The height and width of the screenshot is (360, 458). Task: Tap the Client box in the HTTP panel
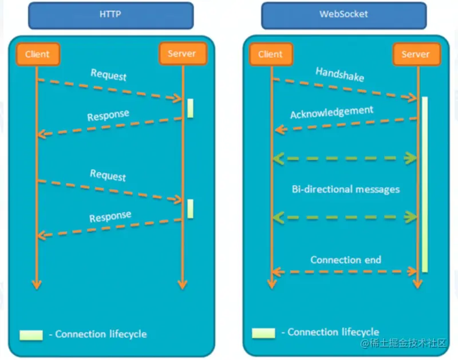point(37,54)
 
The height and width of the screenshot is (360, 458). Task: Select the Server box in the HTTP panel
point(181,54)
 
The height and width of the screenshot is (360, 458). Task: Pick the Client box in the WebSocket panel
point(270,54)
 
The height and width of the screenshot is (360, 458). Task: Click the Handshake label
point(339,74)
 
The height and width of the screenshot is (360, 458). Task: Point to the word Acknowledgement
point(331,112)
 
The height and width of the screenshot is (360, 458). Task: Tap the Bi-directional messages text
point(345,189)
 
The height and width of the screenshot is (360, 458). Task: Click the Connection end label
point(346,260)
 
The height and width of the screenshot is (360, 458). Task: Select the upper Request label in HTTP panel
point(108,74)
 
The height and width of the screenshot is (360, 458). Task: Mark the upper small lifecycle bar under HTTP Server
point(190,108)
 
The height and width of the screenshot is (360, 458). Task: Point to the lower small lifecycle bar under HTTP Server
point(190,208)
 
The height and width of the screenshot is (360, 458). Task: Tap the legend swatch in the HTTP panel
point(31,335)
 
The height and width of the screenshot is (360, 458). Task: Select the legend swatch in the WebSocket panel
point(263,333)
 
